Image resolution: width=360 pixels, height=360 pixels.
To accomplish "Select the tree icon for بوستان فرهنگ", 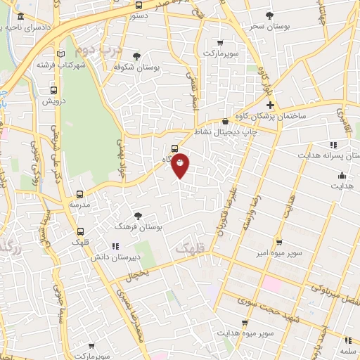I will [x=138, y=217].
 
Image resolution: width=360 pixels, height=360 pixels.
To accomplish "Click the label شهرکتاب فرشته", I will [x=67, y=65].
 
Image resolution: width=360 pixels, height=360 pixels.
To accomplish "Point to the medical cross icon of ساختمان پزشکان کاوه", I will [x=270, y=105].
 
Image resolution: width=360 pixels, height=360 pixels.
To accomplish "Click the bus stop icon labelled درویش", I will [x=54, y=91].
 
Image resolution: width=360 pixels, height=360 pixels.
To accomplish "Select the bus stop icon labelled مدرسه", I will [x=79, y=193].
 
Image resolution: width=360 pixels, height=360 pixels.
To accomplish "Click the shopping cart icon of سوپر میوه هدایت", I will [x=244, y=323].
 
